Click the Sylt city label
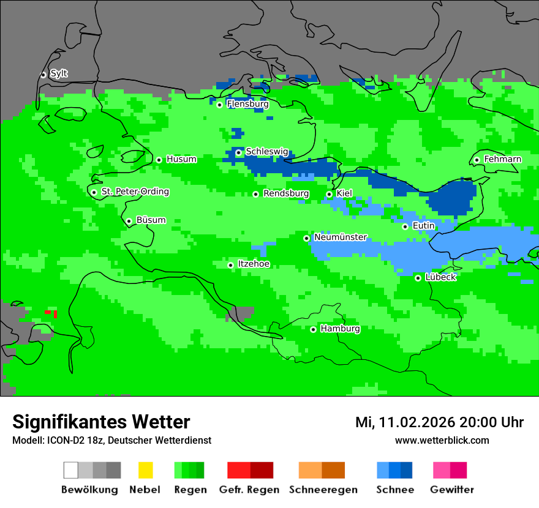[59, 74]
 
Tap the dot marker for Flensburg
[220, 105]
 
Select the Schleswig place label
[267, 152]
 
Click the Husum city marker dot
[159, 160]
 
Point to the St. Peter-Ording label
[135, 192]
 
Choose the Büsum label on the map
[151, 220]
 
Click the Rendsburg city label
[286, 194]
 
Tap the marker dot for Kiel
[330, 194]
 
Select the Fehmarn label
[502, 159]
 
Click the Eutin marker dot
[405, 226]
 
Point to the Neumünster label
[341, 237]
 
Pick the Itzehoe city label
[254, 264]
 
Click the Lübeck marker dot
[418, 278]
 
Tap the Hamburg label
[340, 329]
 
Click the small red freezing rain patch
[51, 313]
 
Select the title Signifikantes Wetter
[101, 422]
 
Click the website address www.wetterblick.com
[442, 441]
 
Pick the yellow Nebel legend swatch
[145, 470]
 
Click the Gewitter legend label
[451, 490]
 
